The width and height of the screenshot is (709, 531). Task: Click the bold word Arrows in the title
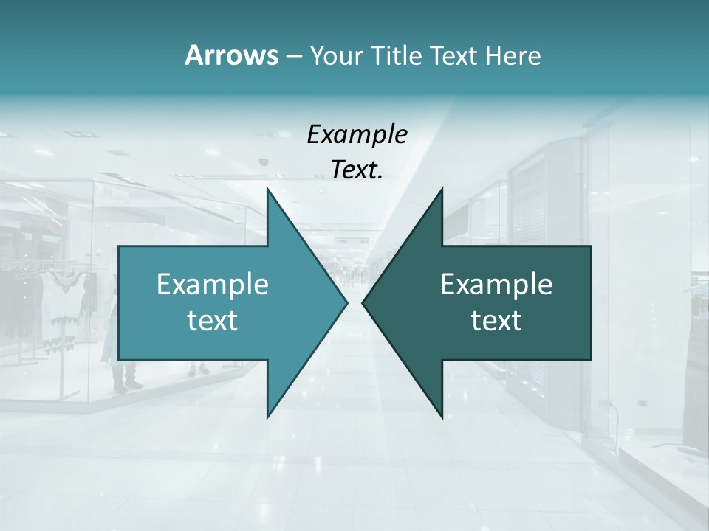pos(230,55)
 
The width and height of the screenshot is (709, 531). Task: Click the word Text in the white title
pos(453,56)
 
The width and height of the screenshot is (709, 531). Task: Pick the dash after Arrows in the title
pos(293,57)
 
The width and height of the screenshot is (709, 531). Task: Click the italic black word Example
pos(357,135)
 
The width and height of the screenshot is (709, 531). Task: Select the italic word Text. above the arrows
pos(357,170)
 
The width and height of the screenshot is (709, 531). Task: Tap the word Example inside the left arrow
pos(213,284)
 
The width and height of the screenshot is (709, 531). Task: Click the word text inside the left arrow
pos(213,321)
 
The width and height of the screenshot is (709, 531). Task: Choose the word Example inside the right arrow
pos(496,284)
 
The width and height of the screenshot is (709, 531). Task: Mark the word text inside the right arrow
pos(496,321)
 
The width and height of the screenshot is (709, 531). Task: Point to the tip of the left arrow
pos(346,302)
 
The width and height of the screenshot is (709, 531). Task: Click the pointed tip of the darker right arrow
pos(363,302)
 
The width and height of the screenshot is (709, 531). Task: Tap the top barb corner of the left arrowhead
pos(267,189)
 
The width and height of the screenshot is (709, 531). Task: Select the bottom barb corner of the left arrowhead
pos(267,417)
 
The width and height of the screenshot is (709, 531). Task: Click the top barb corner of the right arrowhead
pos(442,189)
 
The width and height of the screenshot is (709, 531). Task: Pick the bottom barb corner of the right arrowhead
pos(442,417)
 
